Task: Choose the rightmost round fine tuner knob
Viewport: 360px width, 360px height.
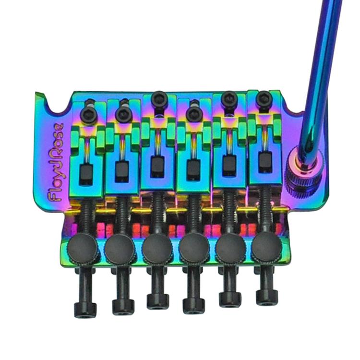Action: tap(266, 248)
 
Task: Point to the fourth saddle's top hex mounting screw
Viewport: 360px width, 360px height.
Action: tap(193, 114)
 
